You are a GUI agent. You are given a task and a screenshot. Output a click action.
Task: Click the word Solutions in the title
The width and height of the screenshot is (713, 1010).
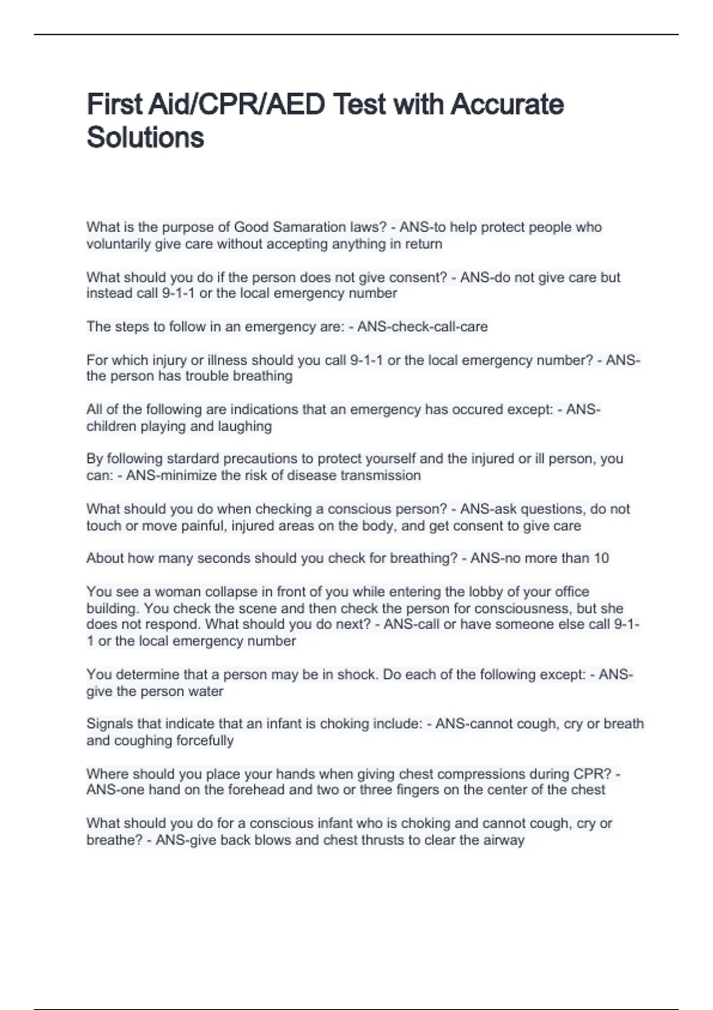point(146,137)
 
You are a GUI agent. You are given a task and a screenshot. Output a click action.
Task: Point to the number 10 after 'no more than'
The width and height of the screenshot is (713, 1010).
point(601,558)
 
